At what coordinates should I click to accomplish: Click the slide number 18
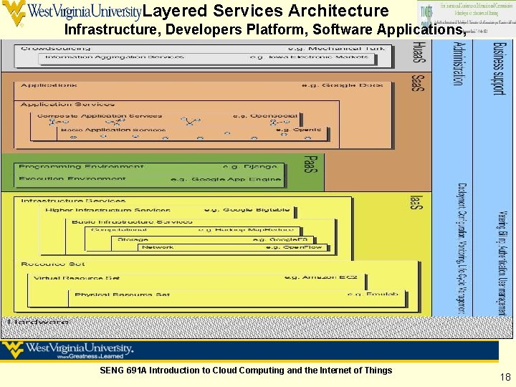[x=506, y=377]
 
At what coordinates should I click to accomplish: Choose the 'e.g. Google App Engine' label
[x=226, y=179]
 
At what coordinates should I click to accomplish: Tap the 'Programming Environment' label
[x=81, y=167]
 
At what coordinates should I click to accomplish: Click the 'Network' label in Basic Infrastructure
[x=158, y=247]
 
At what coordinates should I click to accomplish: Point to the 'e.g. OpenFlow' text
[x=294, y=247]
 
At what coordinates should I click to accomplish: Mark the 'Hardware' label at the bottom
[x=39, y=322]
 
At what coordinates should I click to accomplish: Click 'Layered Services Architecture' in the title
[x=266, y=11]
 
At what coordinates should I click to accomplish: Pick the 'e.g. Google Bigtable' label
[x=247, y=210]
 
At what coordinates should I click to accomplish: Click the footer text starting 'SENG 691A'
[x=246, y=371]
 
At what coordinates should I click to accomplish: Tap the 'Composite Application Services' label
[x=100, y=116]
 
